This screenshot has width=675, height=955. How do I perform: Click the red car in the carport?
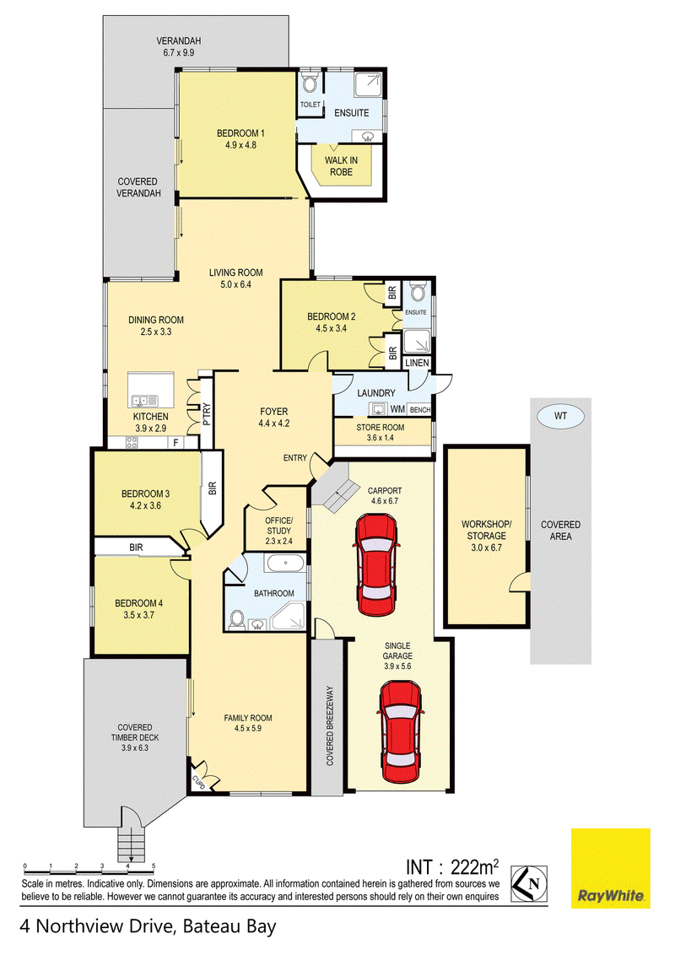coord(375,564)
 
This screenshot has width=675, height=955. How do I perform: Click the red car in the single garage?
coord(400,731)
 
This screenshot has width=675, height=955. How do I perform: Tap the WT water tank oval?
coord(560,417)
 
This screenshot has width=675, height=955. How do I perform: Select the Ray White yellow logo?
coord(610,868)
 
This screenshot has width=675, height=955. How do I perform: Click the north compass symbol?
coord(529,884)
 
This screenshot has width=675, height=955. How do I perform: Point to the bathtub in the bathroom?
coord(285,564)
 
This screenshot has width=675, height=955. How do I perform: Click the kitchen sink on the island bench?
coord(143,400)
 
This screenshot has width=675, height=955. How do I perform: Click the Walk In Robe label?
coord(341,166)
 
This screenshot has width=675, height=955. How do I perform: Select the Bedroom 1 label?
coord(240,133)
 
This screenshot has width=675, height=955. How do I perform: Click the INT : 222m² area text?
coord(452,866)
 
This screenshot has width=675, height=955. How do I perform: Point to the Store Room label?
coord(381,428)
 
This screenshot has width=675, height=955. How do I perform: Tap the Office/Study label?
coord(279,526)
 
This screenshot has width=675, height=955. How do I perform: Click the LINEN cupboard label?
coord(417,363)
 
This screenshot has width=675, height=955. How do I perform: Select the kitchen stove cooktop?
coord(132,442)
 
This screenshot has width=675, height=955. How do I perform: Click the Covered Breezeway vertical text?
coord(330,726)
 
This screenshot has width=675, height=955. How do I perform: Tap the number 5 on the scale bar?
coord(154,866)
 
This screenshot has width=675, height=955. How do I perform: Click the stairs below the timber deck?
coord(132,842)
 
